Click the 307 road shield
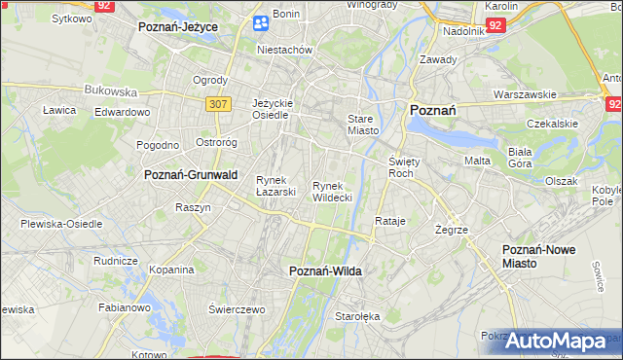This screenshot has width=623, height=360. click(217, 102)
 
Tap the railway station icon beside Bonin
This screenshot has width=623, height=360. click(260, 22)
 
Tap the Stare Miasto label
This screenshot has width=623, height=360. click(362, 124)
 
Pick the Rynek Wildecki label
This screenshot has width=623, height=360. click(331, 192)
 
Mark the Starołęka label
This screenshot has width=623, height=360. click(357, 316)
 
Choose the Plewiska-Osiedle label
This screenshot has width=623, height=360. click(61, 224)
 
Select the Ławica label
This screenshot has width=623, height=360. click(59, 110)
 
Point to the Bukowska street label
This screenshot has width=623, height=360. click(110, 90)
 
